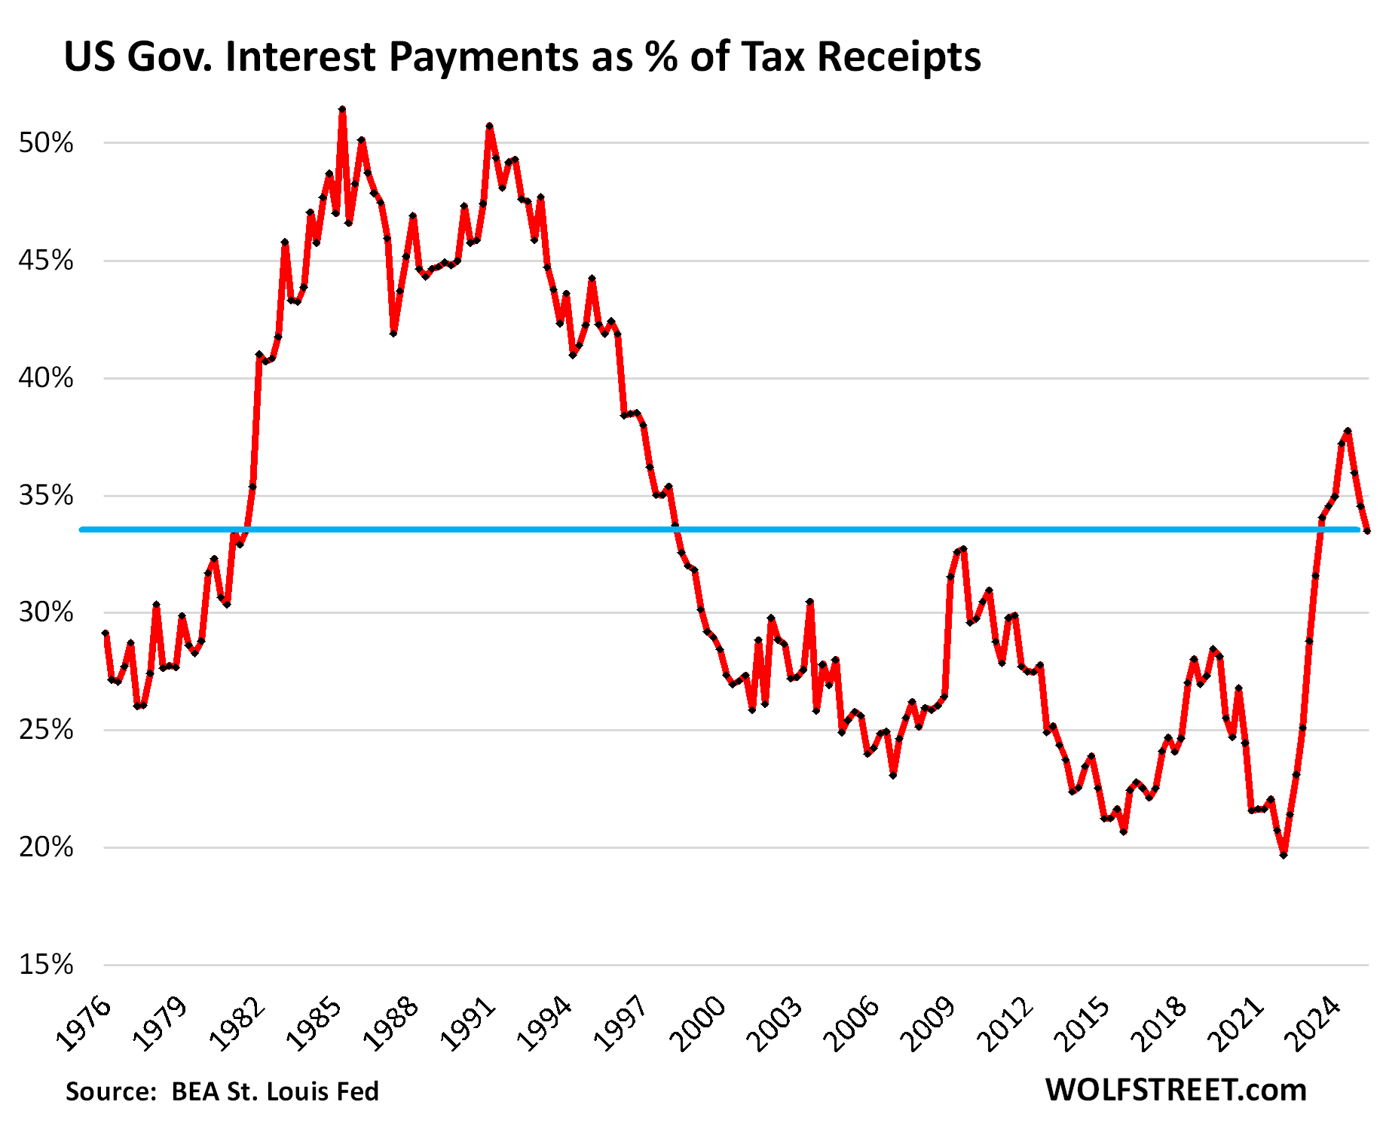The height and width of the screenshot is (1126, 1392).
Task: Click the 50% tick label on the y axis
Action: pyautogui.click(x=46, y=143)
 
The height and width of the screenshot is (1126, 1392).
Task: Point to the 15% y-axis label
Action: pyautogui.click(x=46, y=965)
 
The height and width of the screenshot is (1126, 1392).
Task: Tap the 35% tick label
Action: pyautogui.click(x=46, y=496)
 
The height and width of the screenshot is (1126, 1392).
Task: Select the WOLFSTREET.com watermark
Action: pyautogui.click(x=1176, y=1090)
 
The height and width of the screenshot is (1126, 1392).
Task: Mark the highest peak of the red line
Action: pyautogui.click(x=342, y=109)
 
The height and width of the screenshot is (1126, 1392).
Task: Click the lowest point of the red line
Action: pyautogui.click(x=1283, y=855)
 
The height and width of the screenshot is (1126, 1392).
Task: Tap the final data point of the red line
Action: pyautogui.click(x=1367, y=531)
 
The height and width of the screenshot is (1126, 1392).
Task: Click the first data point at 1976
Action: pyautogui.click(x=106, y=633)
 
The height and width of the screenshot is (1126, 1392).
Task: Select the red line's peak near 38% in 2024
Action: pyautogui.click(x=1348, y=431)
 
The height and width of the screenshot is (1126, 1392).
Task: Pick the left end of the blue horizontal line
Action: pyautogui.click(x=81, y=529)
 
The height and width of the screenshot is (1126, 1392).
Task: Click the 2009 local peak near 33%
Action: pyautogui.click(x=963, y=549)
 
